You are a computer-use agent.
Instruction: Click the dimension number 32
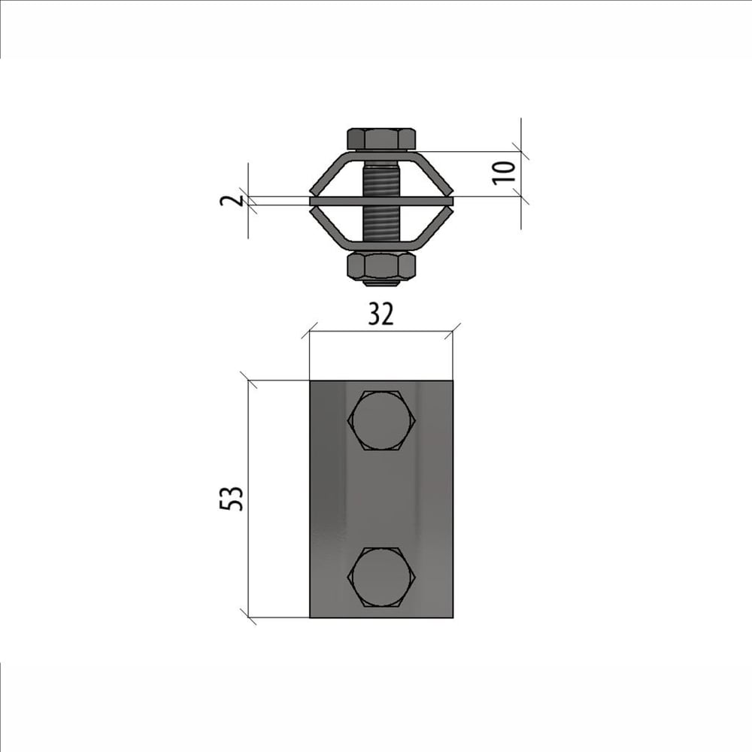click(x=381, y=314)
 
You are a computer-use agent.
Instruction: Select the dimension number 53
click(x=232, y=499)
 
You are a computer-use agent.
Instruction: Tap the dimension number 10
click(x=504, y=173)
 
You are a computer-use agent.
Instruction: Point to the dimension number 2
click(x=232, y=201)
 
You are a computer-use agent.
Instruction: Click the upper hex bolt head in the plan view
click(x=381, y=420)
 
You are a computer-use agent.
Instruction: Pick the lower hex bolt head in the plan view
click(x=381, y=578)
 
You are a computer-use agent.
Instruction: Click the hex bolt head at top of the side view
click(x=381, y=138)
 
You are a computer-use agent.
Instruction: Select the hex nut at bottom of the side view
click(x=381, y=265)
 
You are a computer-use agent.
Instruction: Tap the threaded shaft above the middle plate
click(x=381, y=179)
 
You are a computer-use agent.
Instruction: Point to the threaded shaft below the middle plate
click(x=381, y=225)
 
